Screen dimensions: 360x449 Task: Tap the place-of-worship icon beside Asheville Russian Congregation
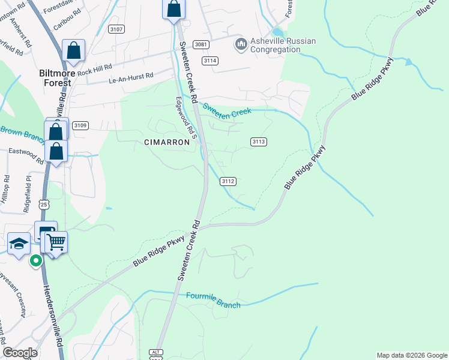(x=241, y=44)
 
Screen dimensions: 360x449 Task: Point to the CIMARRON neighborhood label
(x=167, y=142)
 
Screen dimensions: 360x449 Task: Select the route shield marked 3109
(x=80, y=125)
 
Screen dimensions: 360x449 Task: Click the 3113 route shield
(x=259, y=142)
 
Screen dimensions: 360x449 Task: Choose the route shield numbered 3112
(x=228, y=181)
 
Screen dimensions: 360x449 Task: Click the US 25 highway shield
(x=42, y=205)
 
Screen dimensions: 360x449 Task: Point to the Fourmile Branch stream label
(x=213, y=301)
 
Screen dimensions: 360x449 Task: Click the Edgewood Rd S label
(x=185, y=119)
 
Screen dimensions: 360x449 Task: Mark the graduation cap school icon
(x=19, y=244)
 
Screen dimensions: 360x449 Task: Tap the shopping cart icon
(x=56, y=242)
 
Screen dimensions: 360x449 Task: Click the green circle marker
(x=36, y=260)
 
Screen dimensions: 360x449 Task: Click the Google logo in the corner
(x=20, y=353)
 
